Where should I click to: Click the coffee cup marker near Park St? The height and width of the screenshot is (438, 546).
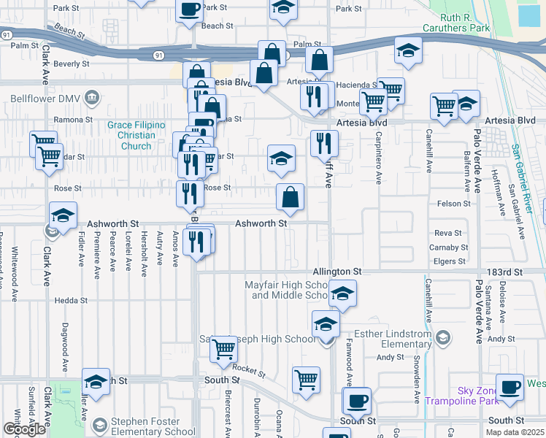click(x=190, y=10)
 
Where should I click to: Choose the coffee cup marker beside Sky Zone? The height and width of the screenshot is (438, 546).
click(x=510, y=386)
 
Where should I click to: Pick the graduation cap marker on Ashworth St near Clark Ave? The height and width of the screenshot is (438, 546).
click(x=64, y=215)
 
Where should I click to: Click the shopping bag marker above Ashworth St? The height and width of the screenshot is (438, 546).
click(x=291, y=196)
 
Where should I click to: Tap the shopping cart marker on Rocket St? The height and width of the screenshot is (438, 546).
click(x=223, y=350)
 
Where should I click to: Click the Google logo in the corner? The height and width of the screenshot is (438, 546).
click(x=23, y=429)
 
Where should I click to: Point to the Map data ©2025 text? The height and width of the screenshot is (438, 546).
click(x=516, y=432)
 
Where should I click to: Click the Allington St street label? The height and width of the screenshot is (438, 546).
click(x=338, y=271)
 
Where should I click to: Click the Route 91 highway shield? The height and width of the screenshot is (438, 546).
click(x=159, y=55)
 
